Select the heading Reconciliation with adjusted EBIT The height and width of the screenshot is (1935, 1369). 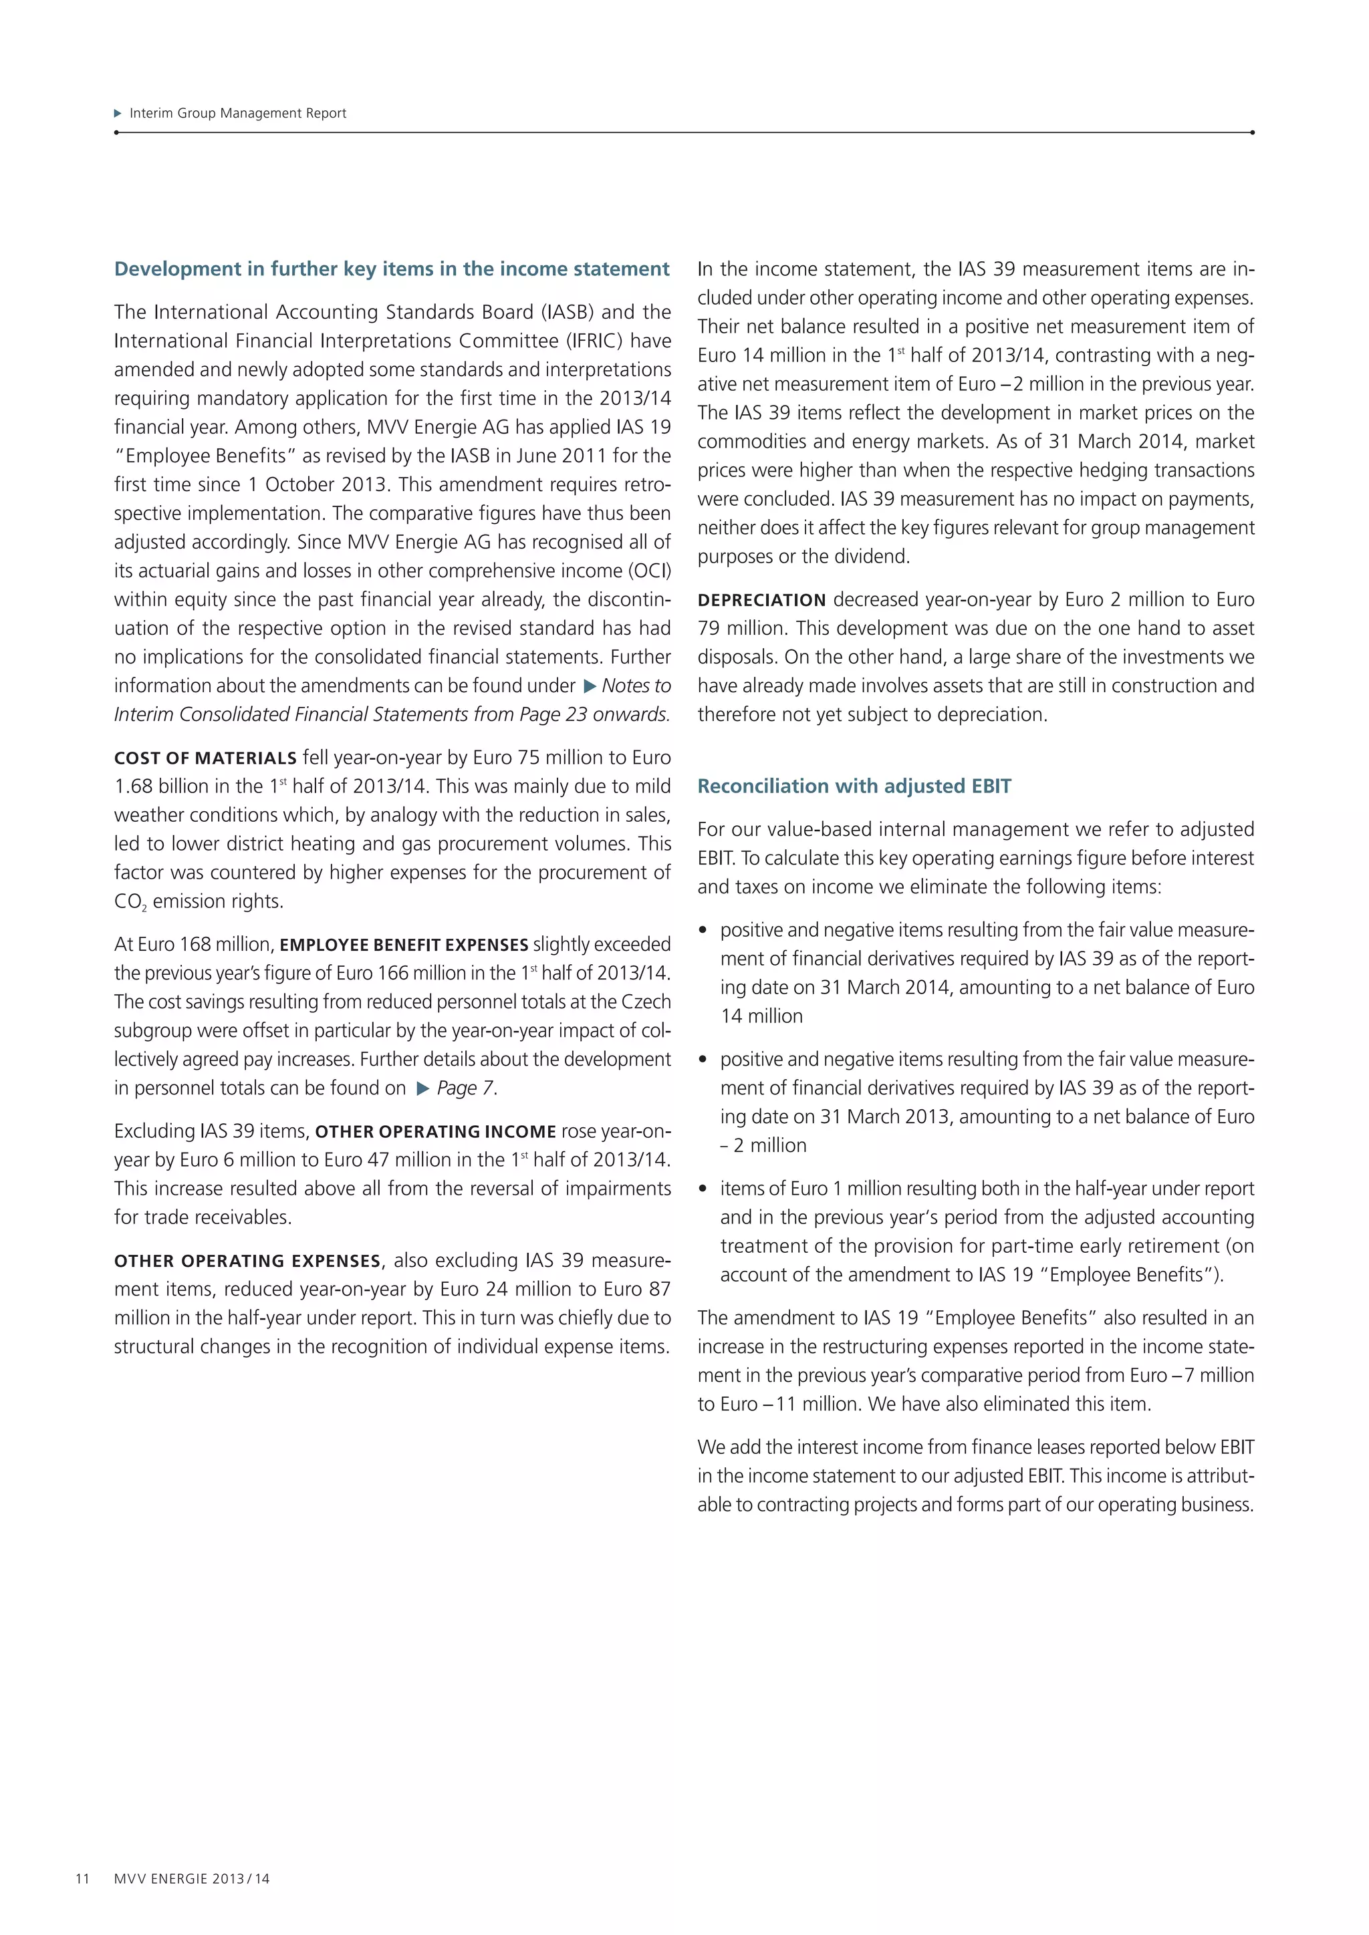[854, 786]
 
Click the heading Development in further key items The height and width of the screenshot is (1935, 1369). [392, 269]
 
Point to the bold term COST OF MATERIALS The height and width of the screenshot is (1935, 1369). [205, 758]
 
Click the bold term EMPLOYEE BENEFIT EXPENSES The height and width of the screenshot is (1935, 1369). [404, 945]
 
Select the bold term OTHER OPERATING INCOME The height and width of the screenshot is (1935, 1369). [435, 1132]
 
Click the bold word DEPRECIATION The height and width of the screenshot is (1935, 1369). [761, 600]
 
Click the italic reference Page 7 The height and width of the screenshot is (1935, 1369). [465, 1088]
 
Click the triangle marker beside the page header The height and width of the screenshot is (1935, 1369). [118, 113]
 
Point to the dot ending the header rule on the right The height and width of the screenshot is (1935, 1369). [1253, 132]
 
